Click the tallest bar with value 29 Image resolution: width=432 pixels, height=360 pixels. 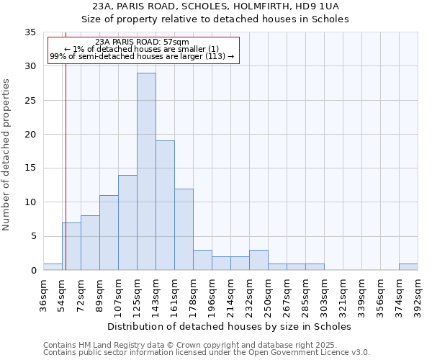click(146, 171)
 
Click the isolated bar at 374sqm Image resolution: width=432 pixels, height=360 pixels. click(408, 266)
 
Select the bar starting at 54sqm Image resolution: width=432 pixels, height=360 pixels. click(71, 246)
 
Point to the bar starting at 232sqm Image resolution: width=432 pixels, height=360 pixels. click(258, 260)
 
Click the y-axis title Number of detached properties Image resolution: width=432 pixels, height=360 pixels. click(7, 155)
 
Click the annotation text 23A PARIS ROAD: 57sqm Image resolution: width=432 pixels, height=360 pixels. click(142, 42)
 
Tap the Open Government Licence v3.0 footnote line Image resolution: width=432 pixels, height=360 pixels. click(207, 353)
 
